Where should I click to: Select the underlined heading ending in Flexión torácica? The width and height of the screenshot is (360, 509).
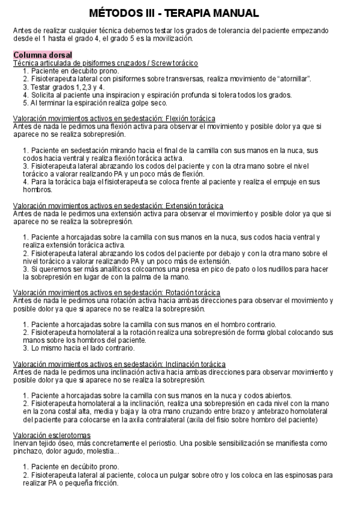(114, 119)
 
